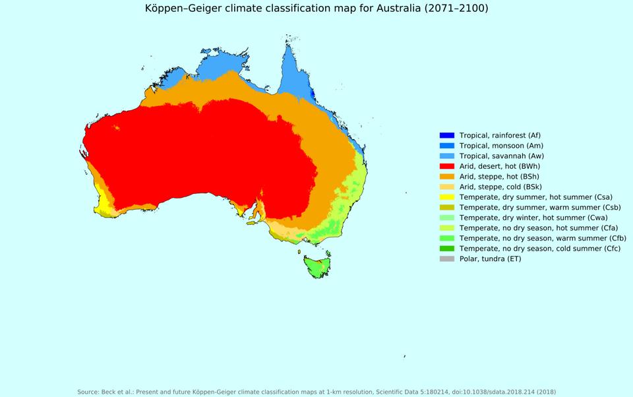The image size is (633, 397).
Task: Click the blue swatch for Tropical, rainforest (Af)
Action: click(x=447, y=135)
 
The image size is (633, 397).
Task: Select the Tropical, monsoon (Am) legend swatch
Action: click(x=447, y=146)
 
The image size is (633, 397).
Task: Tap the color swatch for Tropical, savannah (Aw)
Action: click(x=447, y=156)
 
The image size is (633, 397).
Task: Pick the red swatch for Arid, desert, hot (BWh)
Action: click(x=447, y=166)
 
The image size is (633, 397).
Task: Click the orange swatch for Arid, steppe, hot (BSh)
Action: click(x=447, y=177)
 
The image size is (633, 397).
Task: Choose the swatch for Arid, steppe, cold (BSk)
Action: click(x=447, y=187)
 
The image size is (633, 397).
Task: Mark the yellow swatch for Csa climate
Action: click(x=447, y=197)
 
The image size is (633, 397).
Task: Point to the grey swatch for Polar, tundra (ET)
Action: click(x=447, y=259)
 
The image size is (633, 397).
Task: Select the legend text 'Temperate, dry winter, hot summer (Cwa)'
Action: click(x=533, y=218)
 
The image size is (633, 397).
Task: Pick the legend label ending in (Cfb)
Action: click(x=543, y=238)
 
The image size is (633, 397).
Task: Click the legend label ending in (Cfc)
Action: click(x=541, y=248)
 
